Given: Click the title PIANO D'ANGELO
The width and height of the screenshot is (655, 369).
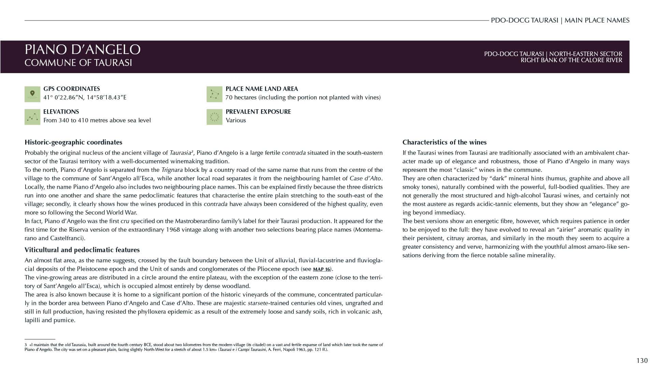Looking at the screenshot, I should tap(82, 50).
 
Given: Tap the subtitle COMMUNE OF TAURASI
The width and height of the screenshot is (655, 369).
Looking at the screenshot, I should tap(78, 63).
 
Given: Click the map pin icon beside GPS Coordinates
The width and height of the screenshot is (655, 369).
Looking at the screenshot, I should tap(32, 94).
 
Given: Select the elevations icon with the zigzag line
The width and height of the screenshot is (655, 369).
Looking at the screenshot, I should tap(32, 117).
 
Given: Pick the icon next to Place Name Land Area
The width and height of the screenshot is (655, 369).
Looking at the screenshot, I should tap(214, 94).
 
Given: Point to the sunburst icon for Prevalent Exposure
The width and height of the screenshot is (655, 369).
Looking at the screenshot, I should tap(214, 117).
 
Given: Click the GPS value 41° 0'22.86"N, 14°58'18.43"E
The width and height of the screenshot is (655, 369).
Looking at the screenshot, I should tap(85, 97).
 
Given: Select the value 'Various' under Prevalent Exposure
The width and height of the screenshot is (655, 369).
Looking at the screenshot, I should tap(235, 120).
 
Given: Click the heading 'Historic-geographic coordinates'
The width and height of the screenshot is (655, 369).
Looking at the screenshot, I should tap(73, 142).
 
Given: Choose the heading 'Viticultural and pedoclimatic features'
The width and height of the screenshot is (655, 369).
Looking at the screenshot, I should tap(82, 250).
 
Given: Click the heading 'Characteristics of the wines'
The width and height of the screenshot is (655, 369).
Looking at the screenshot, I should tap(444, 142).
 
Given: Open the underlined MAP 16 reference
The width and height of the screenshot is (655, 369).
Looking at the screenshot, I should tap(321, 269).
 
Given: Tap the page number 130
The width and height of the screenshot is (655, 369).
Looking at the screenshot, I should tap(642, 360).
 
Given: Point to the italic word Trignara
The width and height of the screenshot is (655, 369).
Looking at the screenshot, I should tap(172, 170).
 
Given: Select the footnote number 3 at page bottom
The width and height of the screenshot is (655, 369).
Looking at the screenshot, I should tap(26, 345).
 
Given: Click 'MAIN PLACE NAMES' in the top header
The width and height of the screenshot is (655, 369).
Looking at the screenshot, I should tap(597, 20).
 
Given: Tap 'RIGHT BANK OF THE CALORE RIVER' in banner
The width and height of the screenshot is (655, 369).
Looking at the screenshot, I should tap(571, 60).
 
